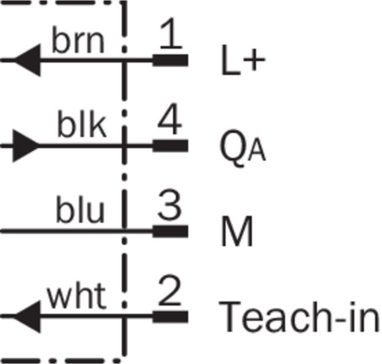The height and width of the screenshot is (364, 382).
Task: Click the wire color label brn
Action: (x=78, y=41)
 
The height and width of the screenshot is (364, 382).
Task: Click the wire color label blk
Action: (x=82, y=126)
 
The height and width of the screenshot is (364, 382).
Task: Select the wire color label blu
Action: (x=80, y=211)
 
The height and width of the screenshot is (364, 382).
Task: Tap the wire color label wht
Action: (x=77, y=297)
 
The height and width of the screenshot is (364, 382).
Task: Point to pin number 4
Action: (x=171, y=123)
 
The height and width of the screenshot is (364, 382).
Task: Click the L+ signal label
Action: (x=240, y=62)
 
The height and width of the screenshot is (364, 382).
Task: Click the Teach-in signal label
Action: (x=300, y=317)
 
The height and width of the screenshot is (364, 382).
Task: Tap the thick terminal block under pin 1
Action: (x=171, y=60)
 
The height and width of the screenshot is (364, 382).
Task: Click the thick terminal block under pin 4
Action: (x=171, y=146)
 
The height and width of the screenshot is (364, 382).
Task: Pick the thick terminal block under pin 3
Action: (x=171, y=231)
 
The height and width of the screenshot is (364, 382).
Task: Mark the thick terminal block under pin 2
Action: (x=171, y=316)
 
